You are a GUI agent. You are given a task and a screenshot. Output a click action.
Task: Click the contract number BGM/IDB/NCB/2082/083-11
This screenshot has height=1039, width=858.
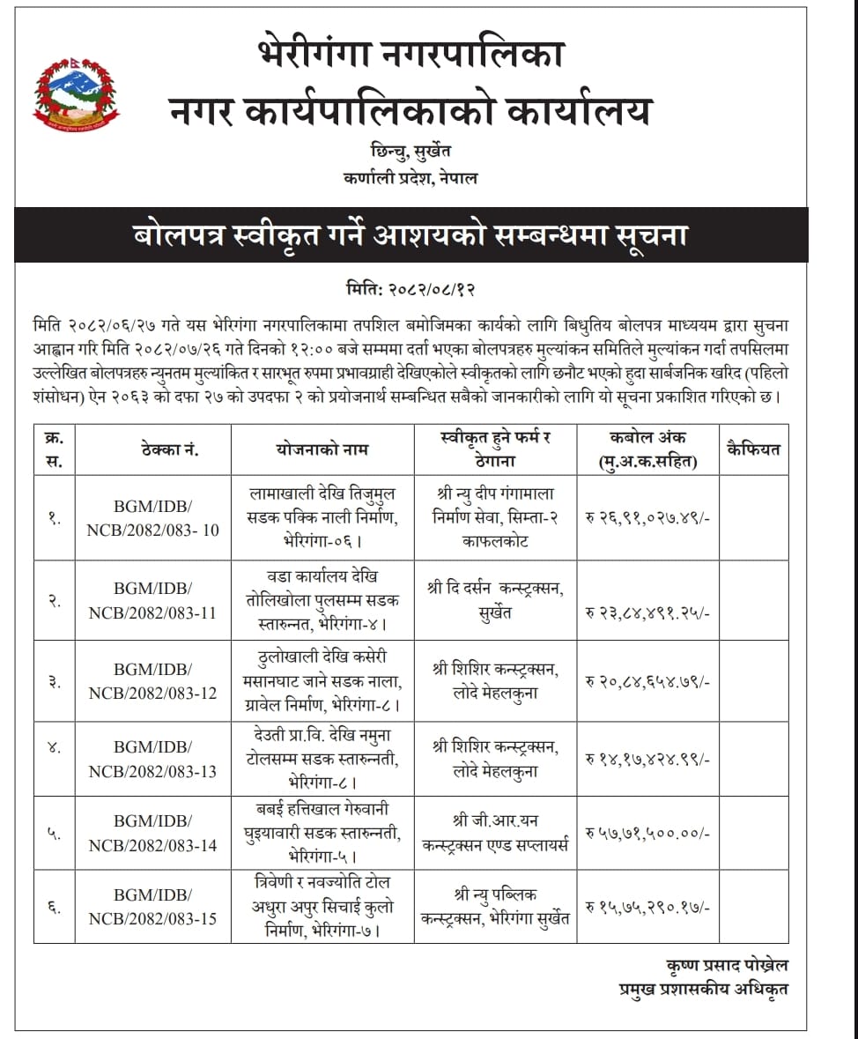pos(152,600)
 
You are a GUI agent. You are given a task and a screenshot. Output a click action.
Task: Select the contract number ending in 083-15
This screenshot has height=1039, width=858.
pos(152,906)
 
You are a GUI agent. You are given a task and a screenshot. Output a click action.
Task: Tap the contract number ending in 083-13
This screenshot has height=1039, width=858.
pos(152,759)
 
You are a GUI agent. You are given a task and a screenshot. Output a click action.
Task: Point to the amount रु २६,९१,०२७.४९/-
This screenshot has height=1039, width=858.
pos(647,517)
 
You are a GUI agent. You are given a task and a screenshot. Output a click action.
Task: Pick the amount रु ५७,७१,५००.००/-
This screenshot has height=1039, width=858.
pos(647,833)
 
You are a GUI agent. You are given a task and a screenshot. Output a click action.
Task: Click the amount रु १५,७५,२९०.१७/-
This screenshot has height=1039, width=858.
pos(647,907)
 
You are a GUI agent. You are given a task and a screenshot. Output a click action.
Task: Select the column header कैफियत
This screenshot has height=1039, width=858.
pos(753,449)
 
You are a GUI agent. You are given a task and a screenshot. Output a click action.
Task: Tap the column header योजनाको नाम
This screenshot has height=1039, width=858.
pos(322,449)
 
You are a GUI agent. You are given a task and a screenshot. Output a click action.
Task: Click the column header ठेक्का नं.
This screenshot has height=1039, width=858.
pos(168,449)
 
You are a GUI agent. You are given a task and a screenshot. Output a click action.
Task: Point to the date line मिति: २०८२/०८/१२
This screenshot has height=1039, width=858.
pos(411,288)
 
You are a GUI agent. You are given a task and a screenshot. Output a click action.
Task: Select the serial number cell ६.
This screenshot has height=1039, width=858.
pos(55,907)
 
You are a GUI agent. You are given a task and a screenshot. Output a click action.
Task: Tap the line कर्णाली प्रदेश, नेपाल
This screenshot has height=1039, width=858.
pos(411,177)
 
